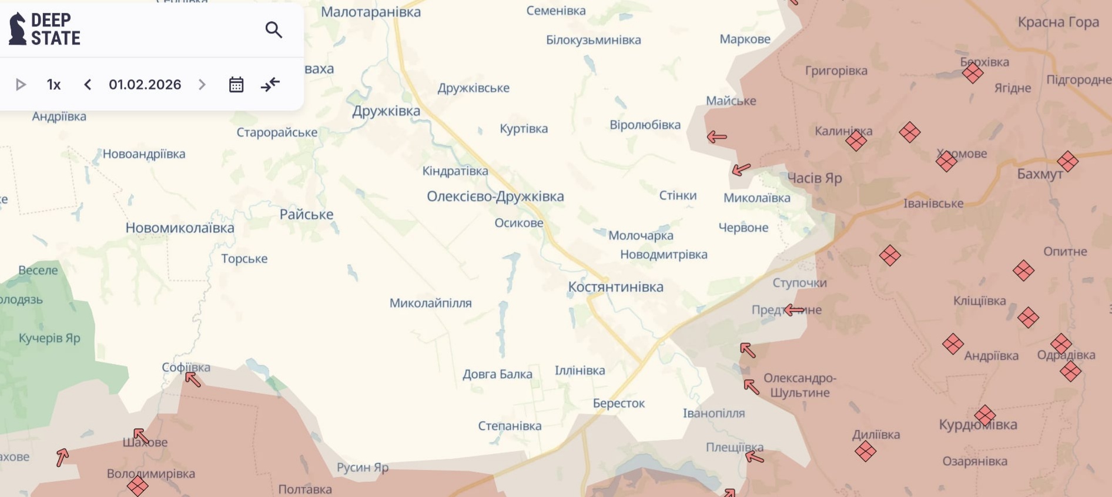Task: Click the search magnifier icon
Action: point(274,29)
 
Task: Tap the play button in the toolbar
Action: point(21,85)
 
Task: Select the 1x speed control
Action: point(53,85)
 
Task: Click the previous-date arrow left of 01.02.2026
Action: point(88,85)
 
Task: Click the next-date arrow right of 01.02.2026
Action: point(202,85)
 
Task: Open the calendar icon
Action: point(236,85)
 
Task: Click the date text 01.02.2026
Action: point(145,85)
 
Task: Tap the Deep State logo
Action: point(45,29)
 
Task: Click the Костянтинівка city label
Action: point(615,287)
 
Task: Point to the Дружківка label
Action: point(386,111)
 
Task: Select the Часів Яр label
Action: point(814,178)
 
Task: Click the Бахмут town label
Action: point(1040,174)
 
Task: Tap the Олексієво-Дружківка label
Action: point(495,196)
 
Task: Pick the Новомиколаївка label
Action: point(180,228)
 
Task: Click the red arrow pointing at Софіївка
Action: point(193,379)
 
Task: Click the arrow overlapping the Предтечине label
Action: point(794,310)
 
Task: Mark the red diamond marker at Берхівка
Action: point(973,74)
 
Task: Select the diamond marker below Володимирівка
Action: point(138,486)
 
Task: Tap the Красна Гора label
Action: point(1058,22)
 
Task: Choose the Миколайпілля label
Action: point(430,303)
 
